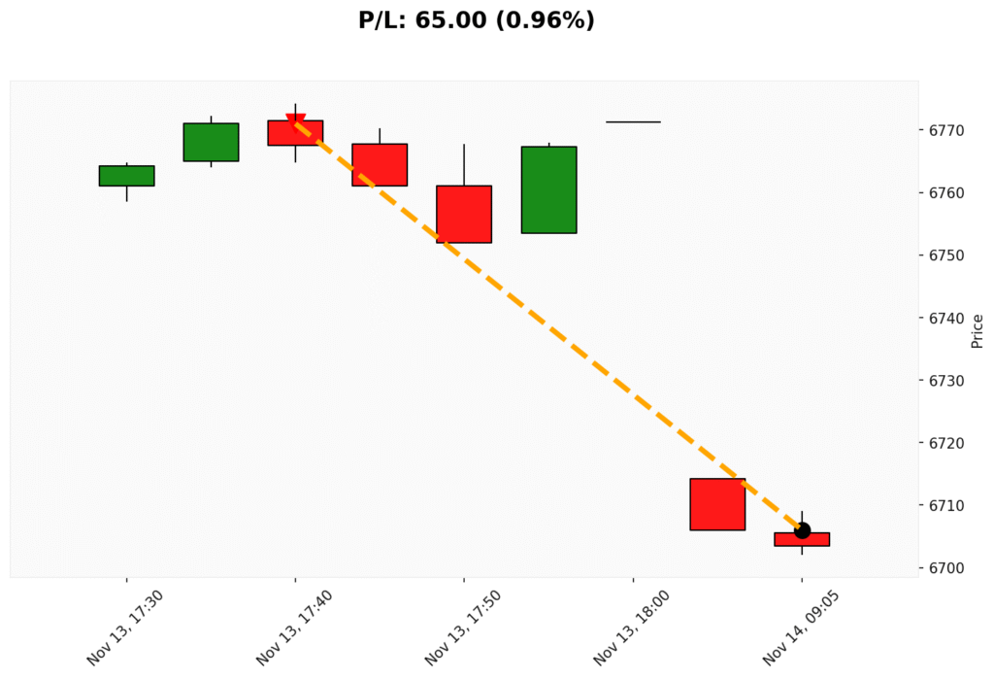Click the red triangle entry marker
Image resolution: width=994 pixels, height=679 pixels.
[x=296, y=121]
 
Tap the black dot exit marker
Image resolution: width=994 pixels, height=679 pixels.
[x=802, y=530]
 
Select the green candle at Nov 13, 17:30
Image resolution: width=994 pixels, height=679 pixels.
[x=126, y=176]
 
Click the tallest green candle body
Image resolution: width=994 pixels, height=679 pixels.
[x=548, y=189]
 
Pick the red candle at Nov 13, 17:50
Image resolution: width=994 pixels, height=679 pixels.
[x=464, y=214]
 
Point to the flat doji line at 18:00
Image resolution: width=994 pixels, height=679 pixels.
[x=633, y=122]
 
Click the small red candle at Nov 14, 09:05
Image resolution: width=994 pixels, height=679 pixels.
[x=802, y=539]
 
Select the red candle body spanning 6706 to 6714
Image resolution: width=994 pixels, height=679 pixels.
[x=717, y=504]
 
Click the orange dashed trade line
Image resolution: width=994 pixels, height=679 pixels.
[x=548, y=325]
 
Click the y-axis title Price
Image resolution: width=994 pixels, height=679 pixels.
[x=977, y=331]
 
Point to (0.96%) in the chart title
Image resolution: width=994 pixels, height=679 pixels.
[x=546, y=20]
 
